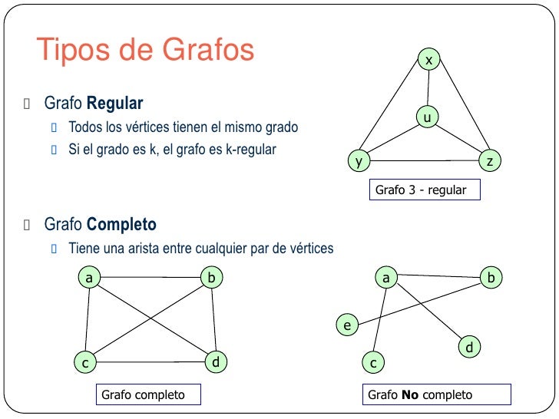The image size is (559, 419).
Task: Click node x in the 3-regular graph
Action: click(x=429, y=59)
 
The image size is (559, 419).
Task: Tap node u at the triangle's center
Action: click(x=428, y=117)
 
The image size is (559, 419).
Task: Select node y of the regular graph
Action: click(x=358, y=160)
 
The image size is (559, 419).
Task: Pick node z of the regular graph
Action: click(x=489, y=160)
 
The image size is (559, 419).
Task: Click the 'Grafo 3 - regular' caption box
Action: click(x=425, y=190)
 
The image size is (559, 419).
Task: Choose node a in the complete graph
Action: click(x=89, y=278)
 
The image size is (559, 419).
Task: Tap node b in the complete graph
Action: click(x=211, y=278)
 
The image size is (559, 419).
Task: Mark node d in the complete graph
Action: click(x=217, y=361)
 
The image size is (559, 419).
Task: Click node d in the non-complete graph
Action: click(x=469, y=348)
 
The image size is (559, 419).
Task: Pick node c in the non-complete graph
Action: click(x=372, y=361)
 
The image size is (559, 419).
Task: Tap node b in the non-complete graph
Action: click(x=491, y=278)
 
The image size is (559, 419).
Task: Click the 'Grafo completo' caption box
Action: click(x=149, y=395)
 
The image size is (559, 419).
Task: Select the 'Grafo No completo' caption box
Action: click(x=436, y=395)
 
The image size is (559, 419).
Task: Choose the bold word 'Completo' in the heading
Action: click(x=121, y=225)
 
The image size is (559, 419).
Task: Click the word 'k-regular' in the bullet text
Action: click(x=251, y=149)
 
